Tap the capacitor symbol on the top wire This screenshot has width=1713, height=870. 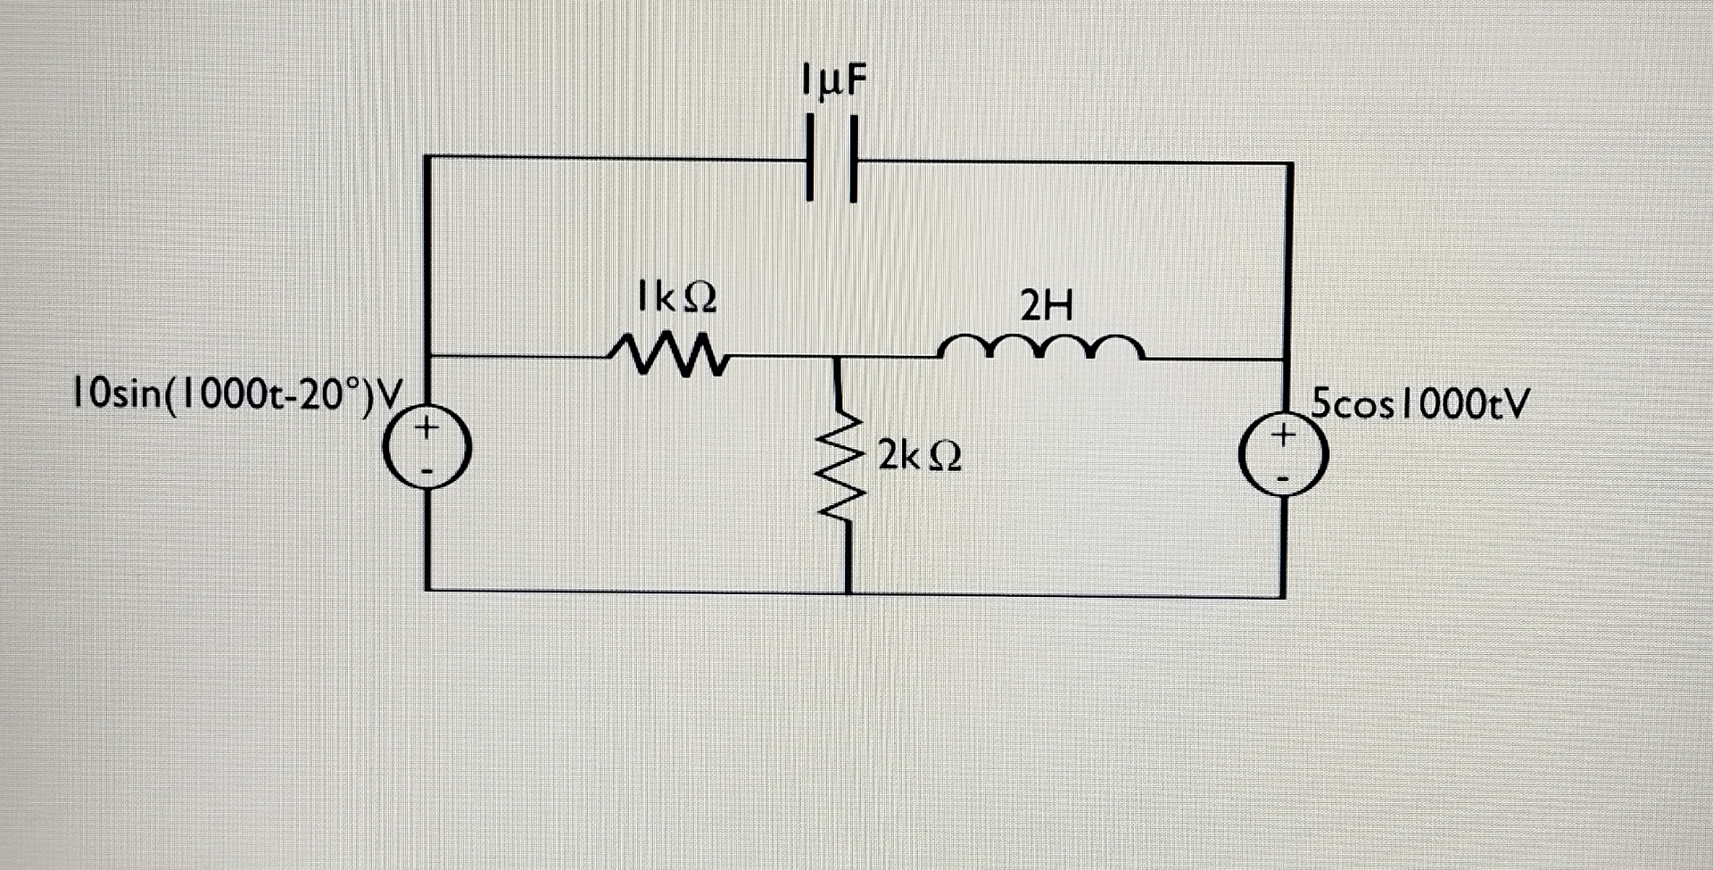tap(832, 161)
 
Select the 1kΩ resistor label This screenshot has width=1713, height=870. tap(676, 298)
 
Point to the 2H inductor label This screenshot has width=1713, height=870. tap(1047, 308)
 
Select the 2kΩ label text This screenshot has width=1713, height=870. tap(919, 456)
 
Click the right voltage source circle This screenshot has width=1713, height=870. tap(1283, 456)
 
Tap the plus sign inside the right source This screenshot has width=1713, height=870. tap(1283, 435)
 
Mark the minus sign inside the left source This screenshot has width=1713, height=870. tap(427, 470)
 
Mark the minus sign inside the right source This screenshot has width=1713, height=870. tap(1283, 478)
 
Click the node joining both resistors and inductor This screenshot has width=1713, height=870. tap(836, 357)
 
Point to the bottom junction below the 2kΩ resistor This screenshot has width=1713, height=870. tap(848, 592)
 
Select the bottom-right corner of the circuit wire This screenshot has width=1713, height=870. tap(1283, 595)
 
